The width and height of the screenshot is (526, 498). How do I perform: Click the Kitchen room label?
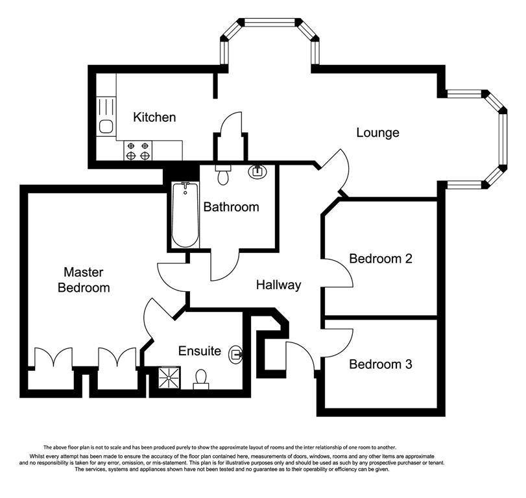click(x=154, y=117)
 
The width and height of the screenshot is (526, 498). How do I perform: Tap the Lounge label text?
click(x=377, y=133)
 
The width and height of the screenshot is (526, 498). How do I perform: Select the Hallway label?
click(x=278, y=285)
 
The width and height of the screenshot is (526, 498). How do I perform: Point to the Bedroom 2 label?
click(x=381, y=259)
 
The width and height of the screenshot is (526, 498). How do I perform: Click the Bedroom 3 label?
click(x=381, y=364)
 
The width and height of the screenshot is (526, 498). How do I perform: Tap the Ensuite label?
click(x=200, y=351)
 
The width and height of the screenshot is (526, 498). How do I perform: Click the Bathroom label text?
click(x=231, y=207)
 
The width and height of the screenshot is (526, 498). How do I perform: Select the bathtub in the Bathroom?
click(x=185, y=215)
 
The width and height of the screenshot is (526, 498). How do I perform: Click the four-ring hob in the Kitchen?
click(x=137, y=150)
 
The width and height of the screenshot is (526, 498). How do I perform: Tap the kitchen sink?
click(x=106, y=126)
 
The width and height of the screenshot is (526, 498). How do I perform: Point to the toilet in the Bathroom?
click(x=222, y=174)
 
